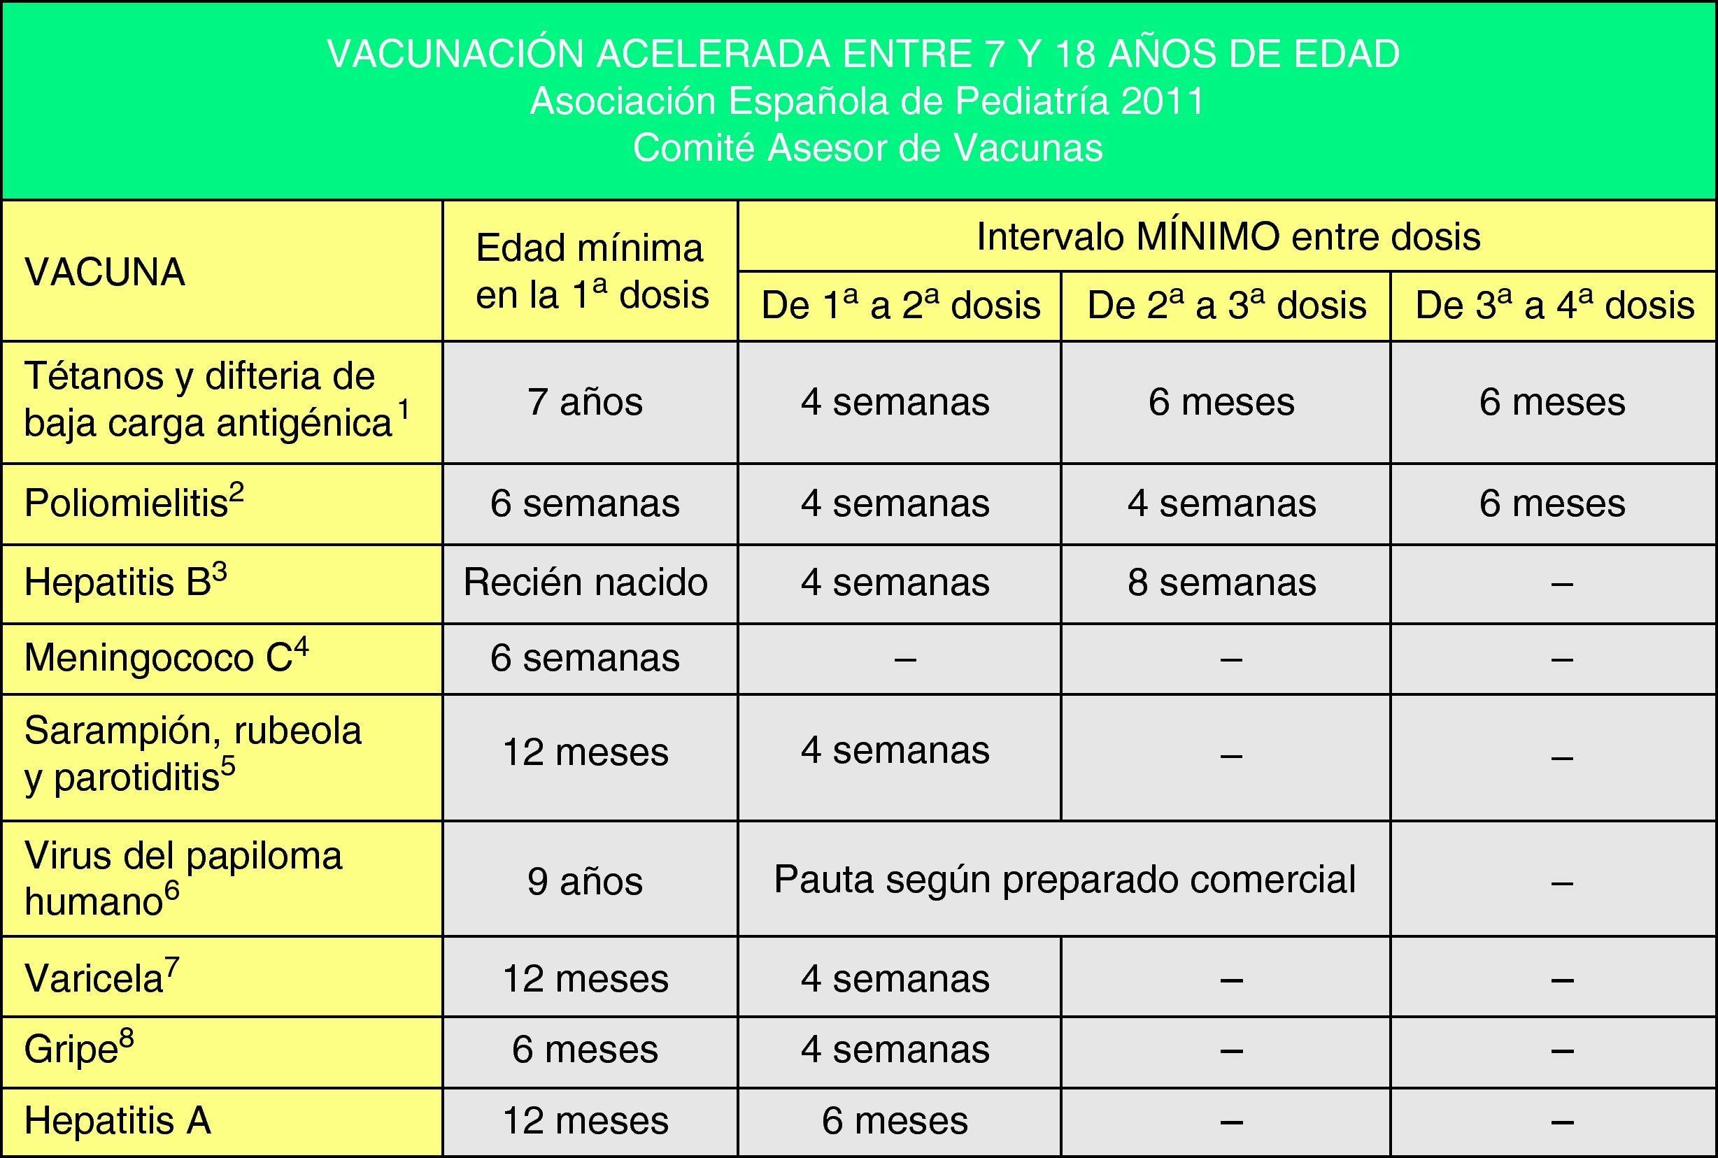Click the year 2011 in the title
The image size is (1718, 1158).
[1162, 101]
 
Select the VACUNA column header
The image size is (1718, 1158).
[104, 273]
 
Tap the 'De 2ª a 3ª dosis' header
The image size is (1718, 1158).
[1226, 305]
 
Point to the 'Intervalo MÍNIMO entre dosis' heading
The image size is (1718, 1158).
[1228, 236]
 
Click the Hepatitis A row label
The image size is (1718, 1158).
[118, 1120]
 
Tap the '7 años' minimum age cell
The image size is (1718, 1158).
[585, 403]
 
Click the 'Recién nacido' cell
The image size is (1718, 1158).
[585, 582]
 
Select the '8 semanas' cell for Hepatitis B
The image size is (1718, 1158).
[1221, 582]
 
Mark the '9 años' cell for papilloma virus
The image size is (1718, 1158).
[585, 881]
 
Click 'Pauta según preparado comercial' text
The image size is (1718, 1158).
[1065, 879]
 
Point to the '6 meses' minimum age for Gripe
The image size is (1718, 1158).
[585, 1050]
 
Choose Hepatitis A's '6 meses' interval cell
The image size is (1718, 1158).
[895, 1120]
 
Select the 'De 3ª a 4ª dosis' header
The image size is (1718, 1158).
[1554, 305]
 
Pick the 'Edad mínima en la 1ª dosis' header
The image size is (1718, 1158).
[591, 271]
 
